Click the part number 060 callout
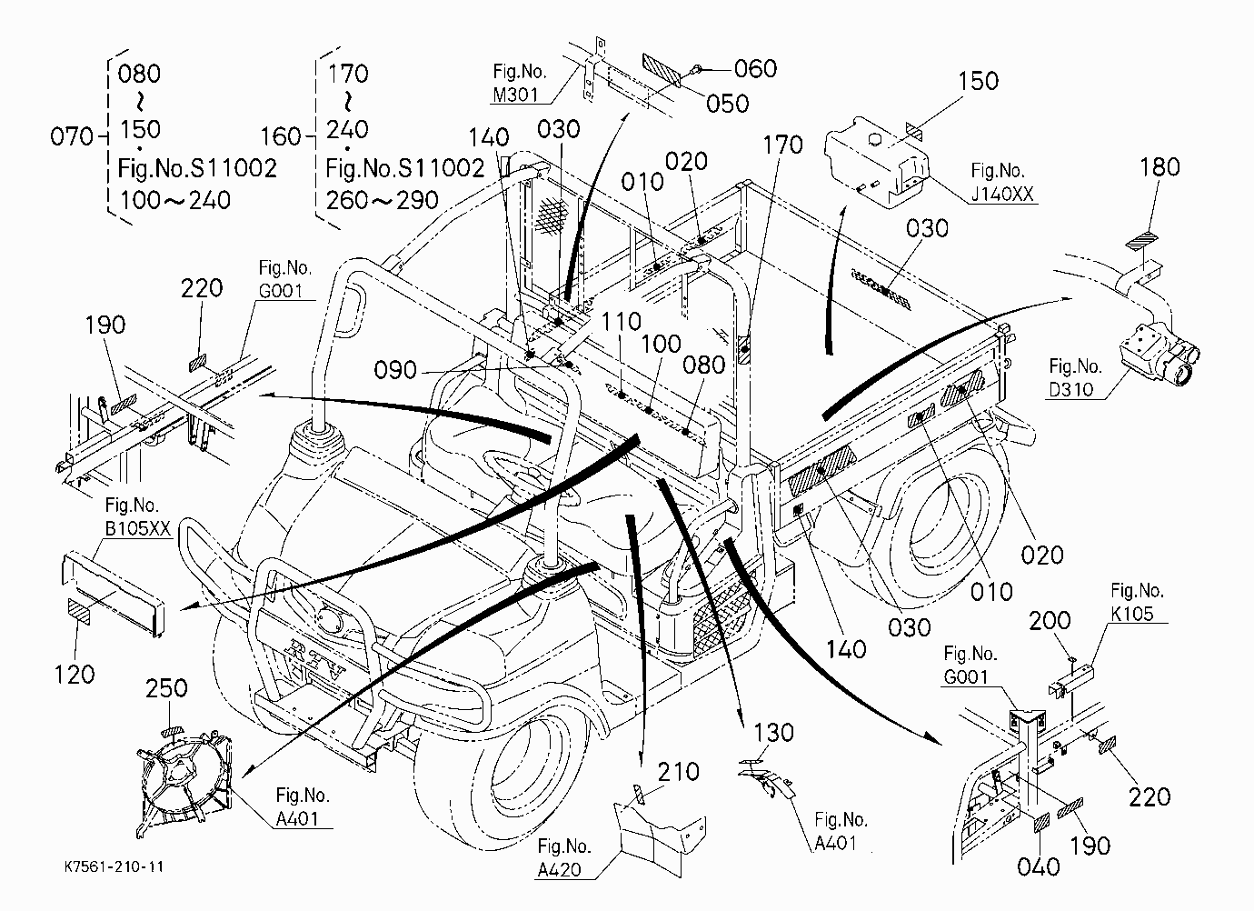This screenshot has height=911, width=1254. [x=755, y=69]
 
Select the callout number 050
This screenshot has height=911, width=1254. [x=727, y=104]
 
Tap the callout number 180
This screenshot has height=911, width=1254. [x=1159, y=167]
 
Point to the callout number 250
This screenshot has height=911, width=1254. [x=166, y=688]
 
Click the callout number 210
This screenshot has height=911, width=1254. [x=678, y=772]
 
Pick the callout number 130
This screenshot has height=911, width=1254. [x=773, y=733]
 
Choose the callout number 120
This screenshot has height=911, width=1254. [x=75, y=675]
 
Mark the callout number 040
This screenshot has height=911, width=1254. [x=1039, y=866]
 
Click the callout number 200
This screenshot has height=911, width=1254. [x=1050, y=620]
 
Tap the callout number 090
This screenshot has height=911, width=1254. [x=395, y=370]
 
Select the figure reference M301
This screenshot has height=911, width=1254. [x=515, y=95]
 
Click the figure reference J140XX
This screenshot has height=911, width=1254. [x=1002, y=194]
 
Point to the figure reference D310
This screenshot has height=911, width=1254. [x=1071, y=389]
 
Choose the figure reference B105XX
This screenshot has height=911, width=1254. [x=138, y=528]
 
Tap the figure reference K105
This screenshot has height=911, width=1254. [x=1132, y=614]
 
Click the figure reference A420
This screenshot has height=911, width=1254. [x=559, y=869]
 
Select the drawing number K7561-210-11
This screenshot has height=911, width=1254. [x=114, y=867]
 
